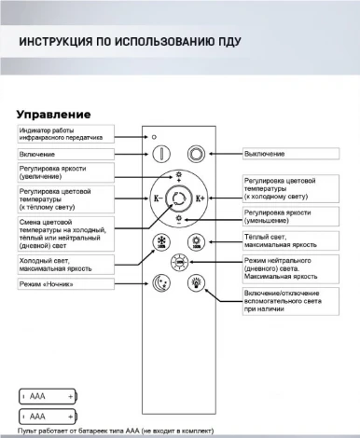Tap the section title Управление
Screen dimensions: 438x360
53,114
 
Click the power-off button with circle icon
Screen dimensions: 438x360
196,154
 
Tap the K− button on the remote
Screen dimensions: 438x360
157,198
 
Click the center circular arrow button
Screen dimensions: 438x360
178,198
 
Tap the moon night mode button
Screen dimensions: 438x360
160,285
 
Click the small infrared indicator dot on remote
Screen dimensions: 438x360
155,136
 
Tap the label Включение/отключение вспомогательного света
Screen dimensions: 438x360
290,302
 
